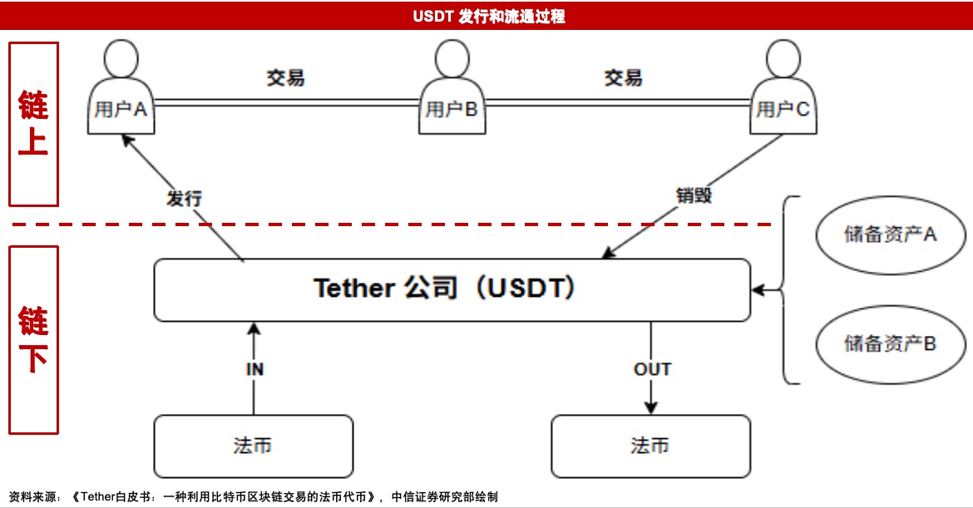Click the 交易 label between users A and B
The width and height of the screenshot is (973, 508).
(285, 78)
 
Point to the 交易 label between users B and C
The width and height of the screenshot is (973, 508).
(623, 78)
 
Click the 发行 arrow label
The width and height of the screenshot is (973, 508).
(184, 198)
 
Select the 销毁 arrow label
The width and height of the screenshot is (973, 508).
(694, 196)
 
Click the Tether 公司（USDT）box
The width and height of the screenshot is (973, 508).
(452, 289)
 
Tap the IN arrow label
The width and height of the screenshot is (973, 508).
(254, 369)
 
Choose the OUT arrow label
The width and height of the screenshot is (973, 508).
(652, 369)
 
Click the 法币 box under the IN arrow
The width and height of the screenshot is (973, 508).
(253, 446)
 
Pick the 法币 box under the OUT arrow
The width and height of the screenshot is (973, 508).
(650, 446)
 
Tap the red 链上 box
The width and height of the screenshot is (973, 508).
(33, 124)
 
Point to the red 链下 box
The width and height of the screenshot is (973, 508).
(33, 339)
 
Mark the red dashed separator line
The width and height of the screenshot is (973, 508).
(391, 224)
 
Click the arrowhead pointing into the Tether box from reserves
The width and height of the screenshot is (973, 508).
(757, 290)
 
